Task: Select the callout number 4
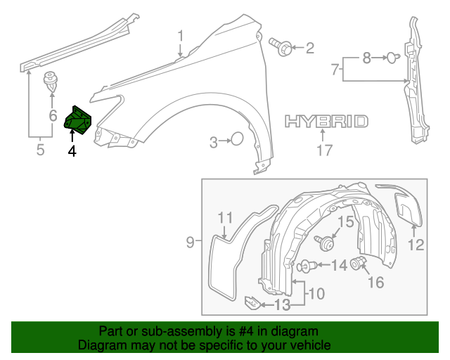click(72, 150)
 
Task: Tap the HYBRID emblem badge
click(326, 122)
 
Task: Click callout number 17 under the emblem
click(323, 149)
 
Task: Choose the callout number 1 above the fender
click(180, 35)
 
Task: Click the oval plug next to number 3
click(238, 140)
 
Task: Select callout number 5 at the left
click(40, 149)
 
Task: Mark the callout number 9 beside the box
click(190, 243)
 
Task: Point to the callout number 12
click(416, 245)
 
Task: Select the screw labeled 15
click(326, 243)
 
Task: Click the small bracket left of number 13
click(251, 303)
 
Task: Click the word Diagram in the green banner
click(103, 346)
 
